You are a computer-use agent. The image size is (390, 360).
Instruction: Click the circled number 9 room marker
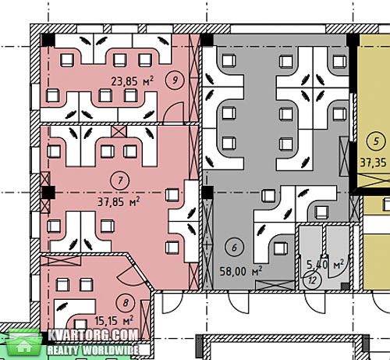175,80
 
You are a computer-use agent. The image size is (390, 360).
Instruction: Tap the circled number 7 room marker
120,180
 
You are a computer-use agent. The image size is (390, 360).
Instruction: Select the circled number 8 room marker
126,303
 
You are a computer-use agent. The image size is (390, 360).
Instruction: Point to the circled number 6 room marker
234,248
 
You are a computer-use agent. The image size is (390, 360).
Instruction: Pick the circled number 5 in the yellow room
377,141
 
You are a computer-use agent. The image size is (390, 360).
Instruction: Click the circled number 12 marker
312,280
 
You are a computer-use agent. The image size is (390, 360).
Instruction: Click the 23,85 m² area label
132,81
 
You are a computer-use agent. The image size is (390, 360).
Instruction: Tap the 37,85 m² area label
119,201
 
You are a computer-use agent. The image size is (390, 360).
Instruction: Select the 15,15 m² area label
114,320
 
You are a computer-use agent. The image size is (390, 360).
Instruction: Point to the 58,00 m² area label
241,271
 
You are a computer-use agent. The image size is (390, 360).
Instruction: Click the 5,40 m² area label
325,264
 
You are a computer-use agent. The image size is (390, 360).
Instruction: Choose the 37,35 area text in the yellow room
374,163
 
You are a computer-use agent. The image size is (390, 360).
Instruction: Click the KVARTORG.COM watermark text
93,335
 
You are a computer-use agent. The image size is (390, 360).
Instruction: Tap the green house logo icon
24,343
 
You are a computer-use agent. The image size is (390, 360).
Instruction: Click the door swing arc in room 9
174,112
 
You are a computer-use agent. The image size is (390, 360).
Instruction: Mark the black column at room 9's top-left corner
48,41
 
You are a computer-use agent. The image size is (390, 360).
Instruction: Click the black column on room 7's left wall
48,193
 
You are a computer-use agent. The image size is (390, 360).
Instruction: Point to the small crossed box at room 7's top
119,132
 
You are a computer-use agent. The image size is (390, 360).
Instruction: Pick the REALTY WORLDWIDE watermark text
93,351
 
